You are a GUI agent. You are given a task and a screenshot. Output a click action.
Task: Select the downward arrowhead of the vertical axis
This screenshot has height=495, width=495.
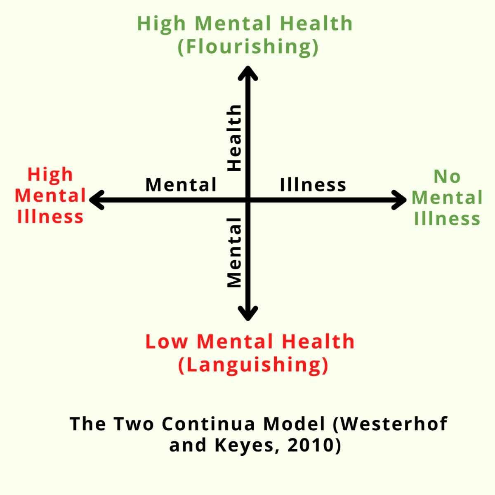click(247, 314)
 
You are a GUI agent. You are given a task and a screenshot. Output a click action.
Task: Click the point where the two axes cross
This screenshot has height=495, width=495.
click(247, 200)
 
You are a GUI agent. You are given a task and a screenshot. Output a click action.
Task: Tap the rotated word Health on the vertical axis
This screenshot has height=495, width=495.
click(234, 138)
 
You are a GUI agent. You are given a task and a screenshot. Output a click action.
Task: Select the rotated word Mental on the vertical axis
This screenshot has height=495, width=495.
click(234, 252)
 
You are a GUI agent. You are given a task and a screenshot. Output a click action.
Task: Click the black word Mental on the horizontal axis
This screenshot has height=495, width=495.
click(181, 184)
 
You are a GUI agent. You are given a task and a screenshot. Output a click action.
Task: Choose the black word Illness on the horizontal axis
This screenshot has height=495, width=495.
click(313, 184)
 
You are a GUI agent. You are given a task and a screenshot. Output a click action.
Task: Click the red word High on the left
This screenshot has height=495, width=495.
click(50, 174)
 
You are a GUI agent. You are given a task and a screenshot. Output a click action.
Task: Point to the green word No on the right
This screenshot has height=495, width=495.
click(447, 177)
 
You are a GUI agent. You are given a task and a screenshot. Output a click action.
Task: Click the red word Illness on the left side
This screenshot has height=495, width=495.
click(50, 217)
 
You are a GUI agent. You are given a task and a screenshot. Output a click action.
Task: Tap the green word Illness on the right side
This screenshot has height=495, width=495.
click(447, 219)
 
